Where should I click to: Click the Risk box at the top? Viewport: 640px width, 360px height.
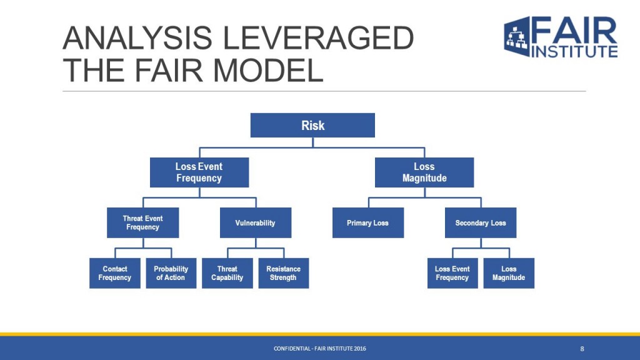click(312, 125)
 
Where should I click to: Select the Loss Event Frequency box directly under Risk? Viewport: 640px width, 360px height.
click(199, 172)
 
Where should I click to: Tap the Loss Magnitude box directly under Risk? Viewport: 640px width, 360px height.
click(424, 172)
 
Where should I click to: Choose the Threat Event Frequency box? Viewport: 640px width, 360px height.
click(143, 223)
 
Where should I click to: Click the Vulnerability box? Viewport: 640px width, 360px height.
click(256, 223)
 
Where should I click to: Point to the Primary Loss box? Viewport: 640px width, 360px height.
click(368, 223)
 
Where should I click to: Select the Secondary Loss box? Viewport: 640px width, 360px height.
click(481, 223)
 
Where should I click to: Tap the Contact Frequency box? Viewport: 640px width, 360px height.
click(115, 273)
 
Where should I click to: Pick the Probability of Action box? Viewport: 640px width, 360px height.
click(171, 273)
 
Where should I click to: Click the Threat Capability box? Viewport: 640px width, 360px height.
click(227, 273)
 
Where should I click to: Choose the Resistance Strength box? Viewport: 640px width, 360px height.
click(284, 273)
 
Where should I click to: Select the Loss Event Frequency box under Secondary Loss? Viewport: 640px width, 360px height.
click(452, 273)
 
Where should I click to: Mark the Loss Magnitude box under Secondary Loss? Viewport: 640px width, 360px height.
click(509, 273)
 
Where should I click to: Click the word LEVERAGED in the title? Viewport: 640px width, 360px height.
click(318, 38)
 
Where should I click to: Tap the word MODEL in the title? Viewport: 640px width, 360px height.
click(268, 70)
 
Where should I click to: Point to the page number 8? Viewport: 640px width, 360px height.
click(582, 349)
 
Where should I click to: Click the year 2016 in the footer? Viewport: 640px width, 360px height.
click(360, 349)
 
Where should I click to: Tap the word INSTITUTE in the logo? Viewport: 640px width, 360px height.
click(574, 51)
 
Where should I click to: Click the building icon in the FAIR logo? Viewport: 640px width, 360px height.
click(517, 37)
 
